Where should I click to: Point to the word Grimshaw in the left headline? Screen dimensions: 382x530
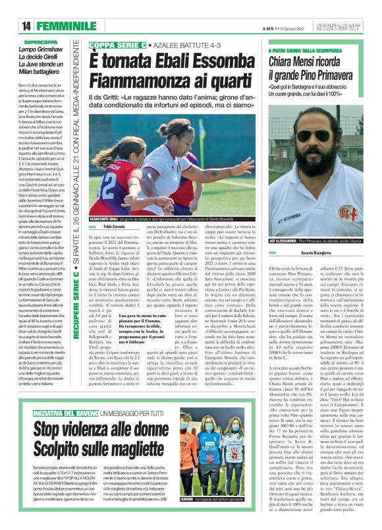(65, 49)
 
